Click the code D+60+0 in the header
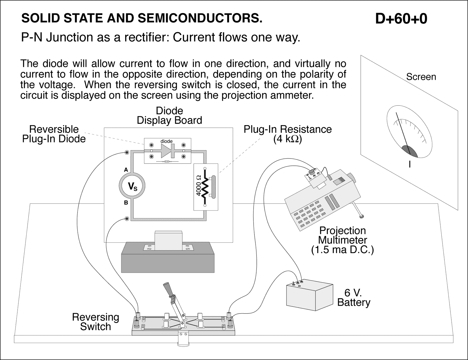pos(401,19)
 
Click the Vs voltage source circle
pos(132,186)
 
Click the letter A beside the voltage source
pos(126,170)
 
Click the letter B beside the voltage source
pos(126,203)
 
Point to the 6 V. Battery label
pos(353,297)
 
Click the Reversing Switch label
pos(96,322)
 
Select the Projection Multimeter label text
pos(342,240)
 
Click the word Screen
pos(421,77)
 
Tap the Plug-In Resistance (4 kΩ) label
pos(288,134)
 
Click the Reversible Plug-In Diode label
pos(54,134)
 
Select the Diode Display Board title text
pos(169,116)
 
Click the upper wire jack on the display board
pos(127,153)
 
